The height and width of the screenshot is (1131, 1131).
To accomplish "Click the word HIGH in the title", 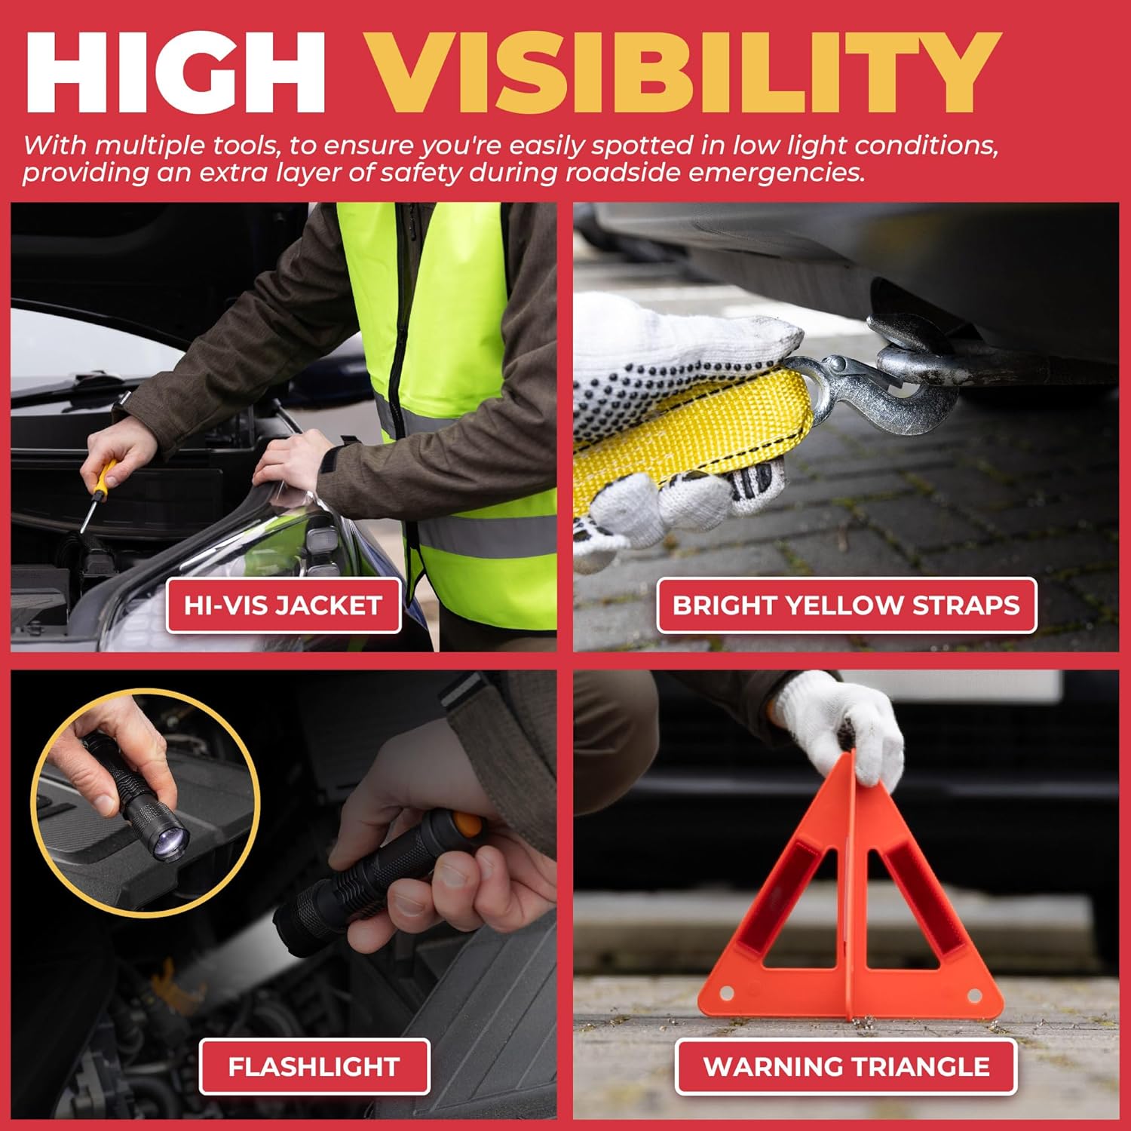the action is (176, 74).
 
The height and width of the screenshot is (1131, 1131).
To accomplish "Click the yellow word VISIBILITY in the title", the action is (683, 74).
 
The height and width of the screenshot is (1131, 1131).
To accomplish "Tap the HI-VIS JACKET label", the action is (284, 605).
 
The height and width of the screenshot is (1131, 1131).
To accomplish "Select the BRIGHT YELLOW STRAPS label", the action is (846, 605).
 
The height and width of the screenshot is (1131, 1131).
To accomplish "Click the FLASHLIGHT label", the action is (314, 1066).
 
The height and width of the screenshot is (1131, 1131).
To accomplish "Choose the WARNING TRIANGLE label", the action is (846, 1066).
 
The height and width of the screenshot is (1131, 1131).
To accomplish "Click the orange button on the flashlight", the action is (467, 824).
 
